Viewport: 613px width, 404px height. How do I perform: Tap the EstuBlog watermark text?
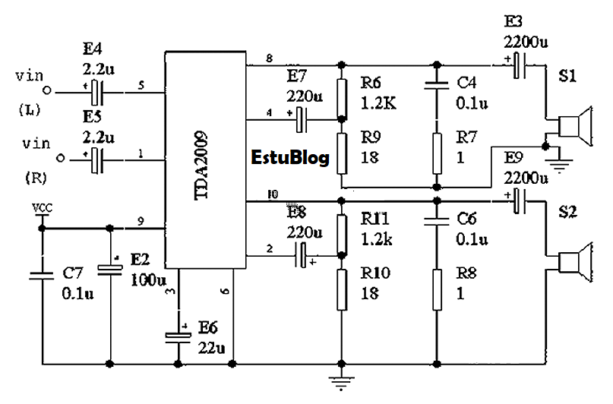(290, 159)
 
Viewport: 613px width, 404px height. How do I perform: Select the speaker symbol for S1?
(572, 126)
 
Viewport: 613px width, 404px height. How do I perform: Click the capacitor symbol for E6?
(179, 336)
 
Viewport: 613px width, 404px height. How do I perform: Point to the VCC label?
(42, 207)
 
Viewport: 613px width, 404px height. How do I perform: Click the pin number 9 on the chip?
(141, 221)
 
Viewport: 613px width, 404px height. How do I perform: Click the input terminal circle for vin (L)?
(47, 93)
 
